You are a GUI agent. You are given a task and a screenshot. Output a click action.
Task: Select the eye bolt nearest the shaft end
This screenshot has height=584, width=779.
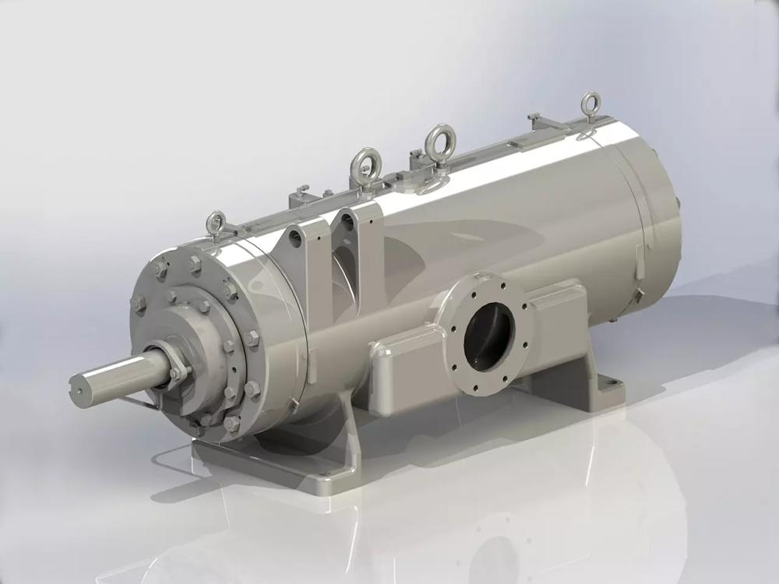(x=216, y=223)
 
